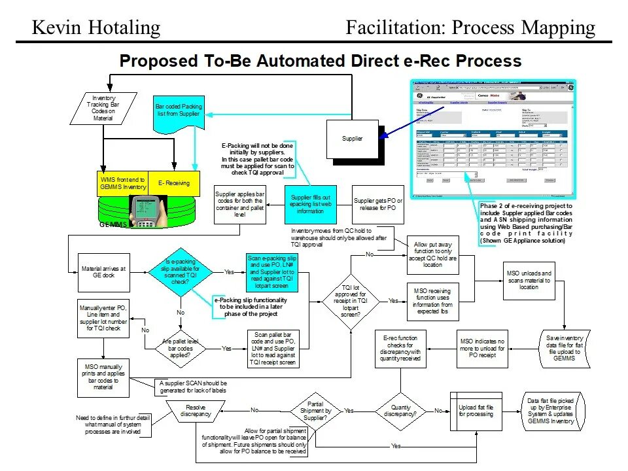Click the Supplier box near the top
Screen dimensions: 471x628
353,139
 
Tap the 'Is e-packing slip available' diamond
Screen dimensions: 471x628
179,272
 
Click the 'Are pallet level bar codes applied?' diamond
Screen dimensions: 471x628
181,349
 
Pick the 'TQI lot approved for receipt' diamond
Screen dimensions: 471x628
351,301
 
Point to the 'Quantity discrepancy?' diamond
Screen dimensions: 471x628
400,410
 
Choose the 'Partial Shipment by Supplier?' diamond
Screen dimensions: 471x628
315,411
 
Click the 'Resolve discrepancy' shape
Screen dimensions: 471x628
196,411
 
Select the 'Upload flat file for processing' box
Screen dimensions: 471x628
476,411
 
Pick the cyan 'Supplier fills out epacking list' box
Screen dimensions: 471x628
311,204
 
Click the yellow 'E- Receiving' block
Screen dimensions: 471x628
173,183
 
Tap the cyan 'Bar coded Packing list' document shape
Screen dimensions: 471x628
179,112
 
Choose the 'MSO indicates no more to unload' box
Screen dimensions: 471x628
482,349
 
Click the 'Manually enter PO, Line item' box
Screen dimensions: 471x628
103,317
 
